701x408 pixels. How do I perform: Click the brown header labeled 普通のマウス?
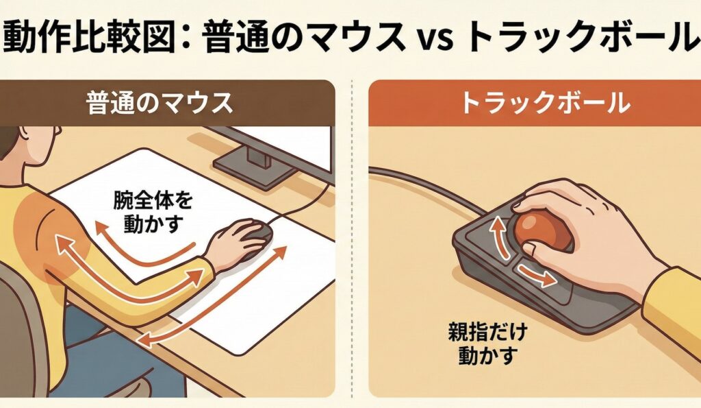[x=167, y=103]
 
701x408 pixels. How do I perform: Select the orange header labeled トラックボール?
[x=535, y=103]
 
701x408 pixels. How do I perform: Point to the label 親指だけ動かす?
[x=487, y=343]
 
